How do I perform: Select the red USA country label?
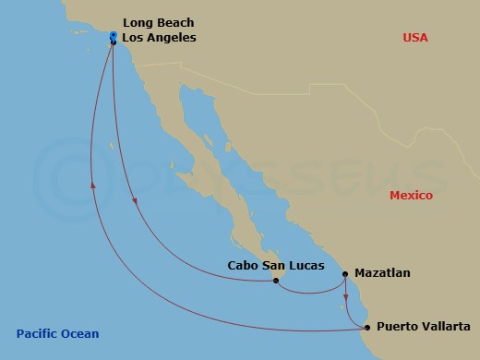coord(416,37)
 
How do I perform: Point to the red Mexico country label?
coord(411,196)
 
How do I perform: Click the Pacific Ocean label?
coord(56,334)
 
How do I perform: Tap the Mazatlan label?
coord(382,273)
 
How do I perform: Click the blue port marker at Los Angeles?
coord(113,38)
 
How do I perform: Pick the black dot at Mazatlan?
coord(345,274)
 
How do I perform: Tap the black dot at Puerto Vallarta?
coord(367,327)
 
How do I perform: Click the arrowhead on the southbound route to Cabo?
coord(135,205)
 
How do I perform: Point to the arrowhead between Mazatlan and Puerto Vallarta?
coord(346,297)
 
